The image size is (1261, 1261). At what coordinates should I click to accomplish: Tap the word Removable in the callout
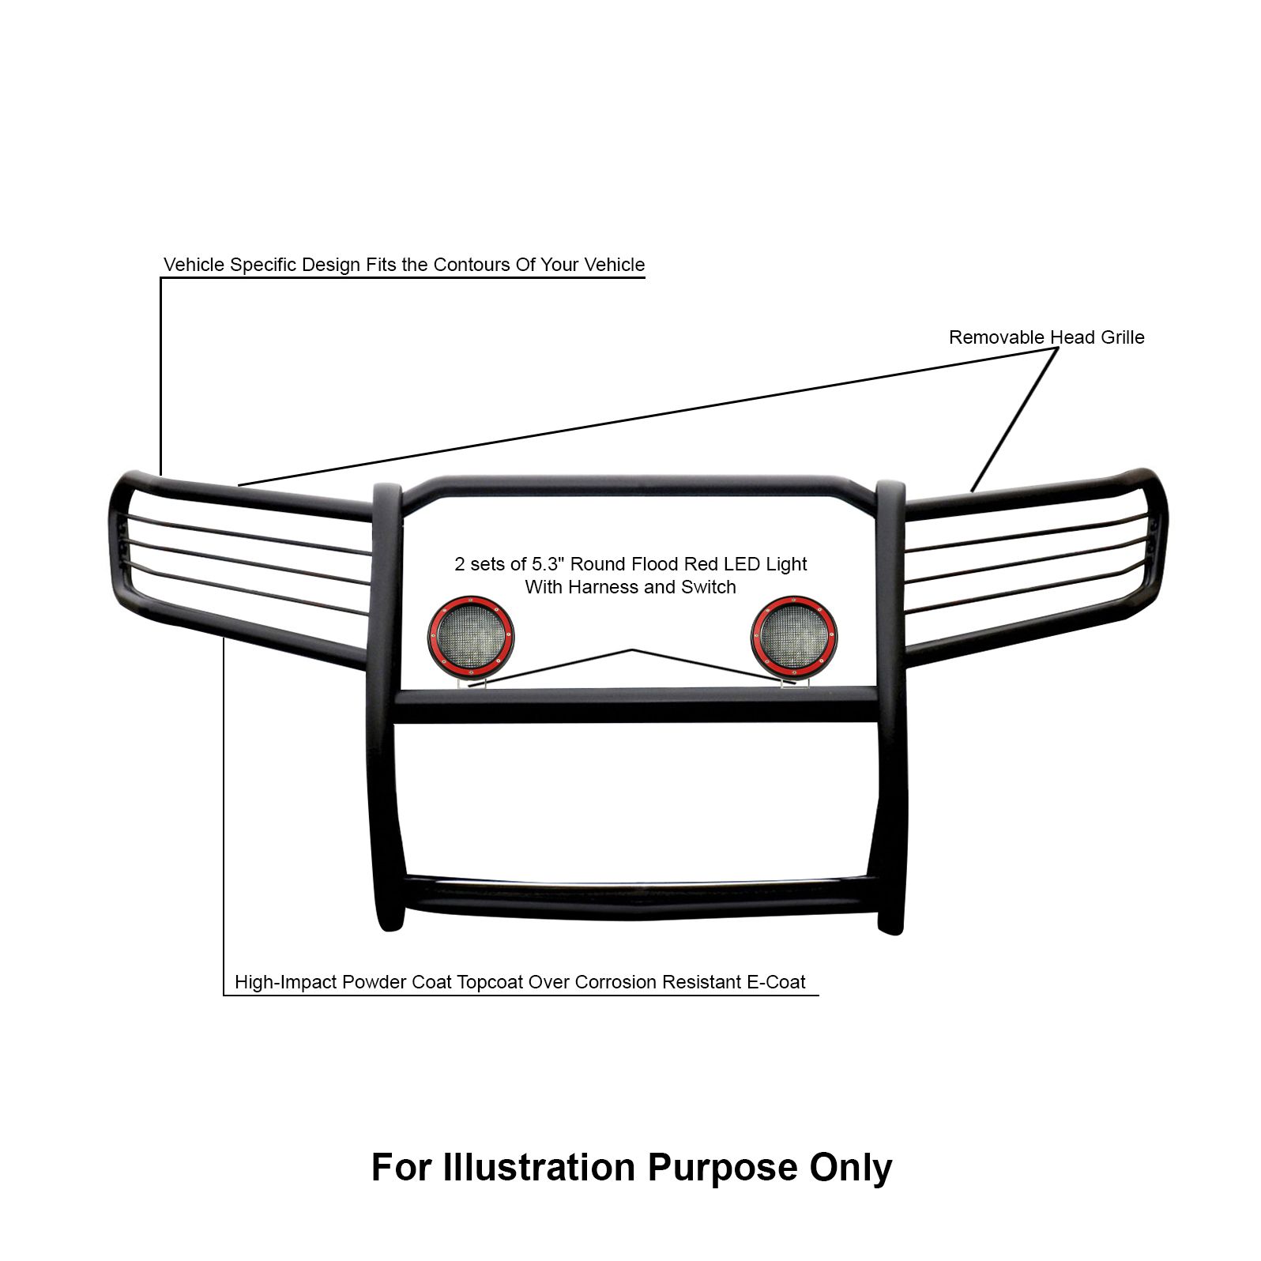996,337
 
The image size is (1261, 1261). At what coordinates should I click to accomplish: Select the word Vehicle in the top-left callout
194,265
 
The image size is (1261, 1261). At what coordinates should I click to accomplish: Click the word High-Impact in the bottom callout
286,982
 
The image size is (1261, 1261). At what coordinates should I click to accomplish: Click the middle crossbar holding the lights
636,706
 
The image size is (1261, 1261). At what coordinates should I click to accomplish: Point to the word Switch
710,587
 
